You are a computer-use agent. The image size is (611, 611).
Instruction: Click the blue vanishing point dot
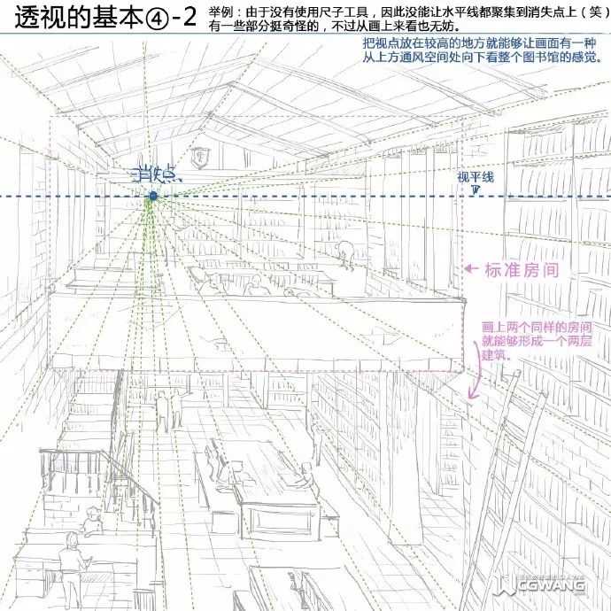tap(152, 196)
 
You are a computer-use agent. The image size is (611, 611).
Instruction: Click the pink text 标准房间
tap(521, 269)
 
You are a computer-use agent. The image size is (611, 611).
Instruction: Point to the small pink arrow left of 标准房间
tap(472, 268)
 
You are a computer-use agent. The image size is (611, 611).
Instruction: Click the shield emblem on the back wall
tap(205, 159)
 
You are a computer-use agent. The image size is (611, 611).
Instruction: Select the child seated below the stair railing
tap(92, 521)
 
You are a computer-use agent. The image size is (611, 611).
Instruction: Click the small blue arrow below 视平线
tap(476, 189)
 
